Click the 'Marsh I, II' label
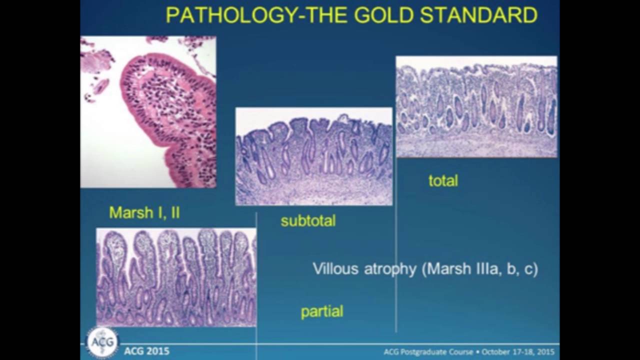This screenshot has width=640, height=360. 144,212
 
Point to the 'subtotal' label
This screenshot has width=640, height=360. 308,220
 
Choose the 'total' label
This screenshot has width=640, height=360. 443,180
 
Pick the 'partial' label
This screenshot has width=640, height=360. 322,311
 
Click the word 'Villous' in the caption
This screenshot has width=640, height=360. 335,269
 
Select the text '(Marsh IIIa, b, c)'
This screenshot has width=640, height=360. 480,269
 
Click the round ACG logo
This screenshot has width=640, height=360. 102,342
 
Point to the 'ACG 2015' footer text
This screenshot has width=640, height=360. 146,351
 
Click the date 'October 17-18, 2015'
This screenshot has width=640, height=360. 517,351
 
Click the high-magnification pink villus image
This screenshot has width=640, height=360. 148,111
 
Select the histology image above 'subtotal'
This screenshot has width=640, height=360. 314,156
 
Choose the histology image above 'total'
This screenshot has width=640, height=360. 476,106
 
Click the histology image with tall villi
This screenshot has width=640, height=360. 176,277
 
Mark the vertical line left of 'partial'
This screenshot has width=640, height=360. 256,280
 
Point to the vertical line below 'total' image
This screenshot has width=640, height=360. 396,245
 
